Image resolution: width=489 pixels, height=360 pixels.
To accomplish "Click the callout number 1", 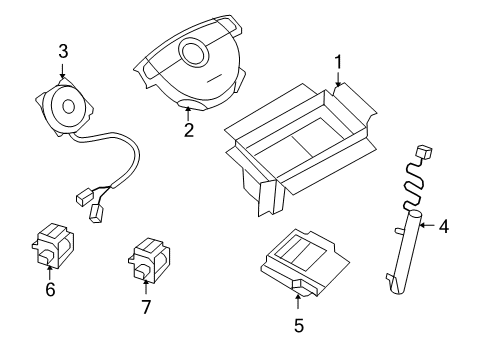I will [x=338, y=62].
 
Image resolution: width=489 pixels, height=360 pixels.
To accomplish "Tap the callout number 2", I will [x=188, y=130].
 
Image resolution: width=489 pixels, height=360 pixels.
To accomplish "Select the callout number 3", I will [x=63, y=50].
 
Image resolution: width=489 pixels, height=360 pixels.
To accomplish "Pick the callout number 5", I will [x=298, y=324].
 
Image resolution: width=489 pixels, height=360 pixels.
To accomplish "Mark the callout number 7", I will [x=146, y=306].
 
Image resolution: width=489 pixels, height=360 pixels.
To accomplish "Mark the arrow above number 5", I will [x=298, y=299].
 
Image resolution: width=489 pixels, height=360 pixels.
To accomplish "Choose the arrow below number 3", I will [x=63, y=72].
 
